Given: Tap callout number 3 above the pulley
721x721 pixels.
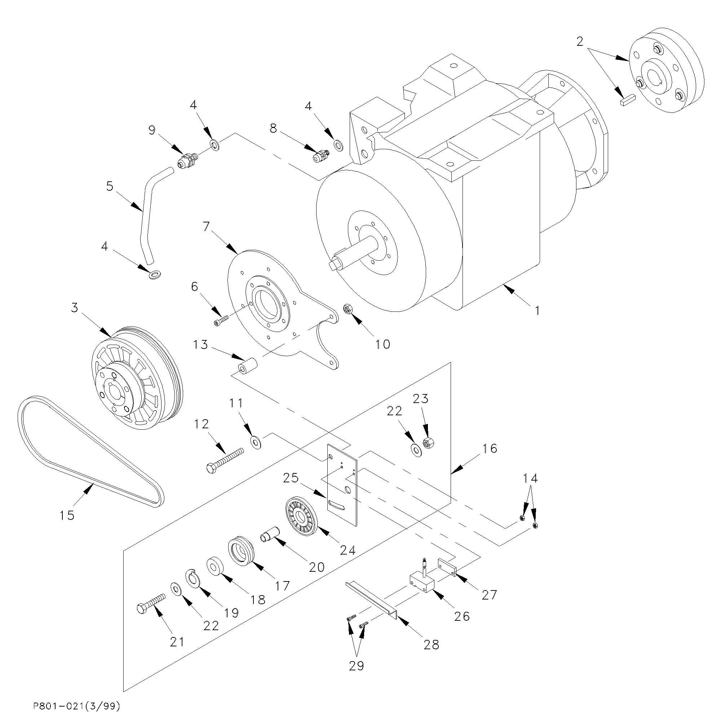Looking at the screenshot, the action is coord(75,308).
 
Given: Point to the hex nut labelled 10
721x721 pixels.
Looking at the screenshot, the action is coord(348,309).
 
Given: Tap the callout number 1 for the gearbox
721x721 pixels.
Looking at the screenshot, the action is coord(537,310).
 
